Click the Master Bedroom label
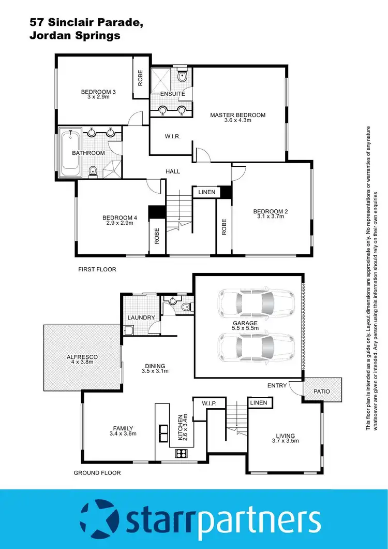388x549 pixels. [x=237, y=115]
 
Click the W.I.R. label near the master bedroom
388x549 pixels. [x=172, y=137]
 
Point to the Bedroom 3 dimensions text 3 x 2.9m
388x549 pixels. [x=98, y=98]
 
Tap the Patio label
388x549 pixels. [x=322, y=391]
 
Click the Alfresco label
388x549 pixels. [x=82, y=357]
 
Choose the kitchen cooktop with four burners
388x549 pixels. [x=182, y=454]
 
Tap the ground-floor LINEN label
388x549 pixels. [x=258, y=402]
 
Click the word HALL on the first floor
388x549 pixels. [x=172, y=171]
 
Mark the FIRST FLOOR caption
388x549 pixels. [x=97, y=269]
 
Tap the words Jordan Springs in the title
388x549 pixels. [x=76, y=36]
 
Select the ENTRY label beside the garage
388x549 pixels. [x=277, y=385]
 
